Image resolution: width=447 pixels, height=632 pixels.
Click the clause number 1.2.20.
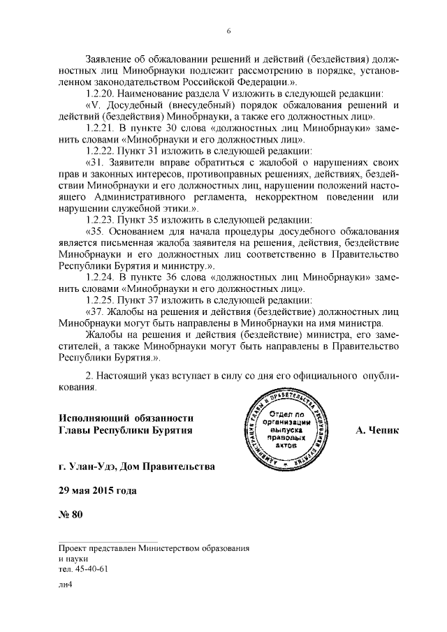[98, 94]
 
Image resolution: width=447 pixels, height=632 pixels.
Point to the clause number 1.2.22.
[98, 149]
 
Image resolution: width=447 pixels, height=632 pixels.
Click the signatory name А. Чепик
[376, 429]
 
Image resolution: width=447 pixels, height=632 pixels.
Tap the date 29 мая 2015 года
[98, 490]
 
